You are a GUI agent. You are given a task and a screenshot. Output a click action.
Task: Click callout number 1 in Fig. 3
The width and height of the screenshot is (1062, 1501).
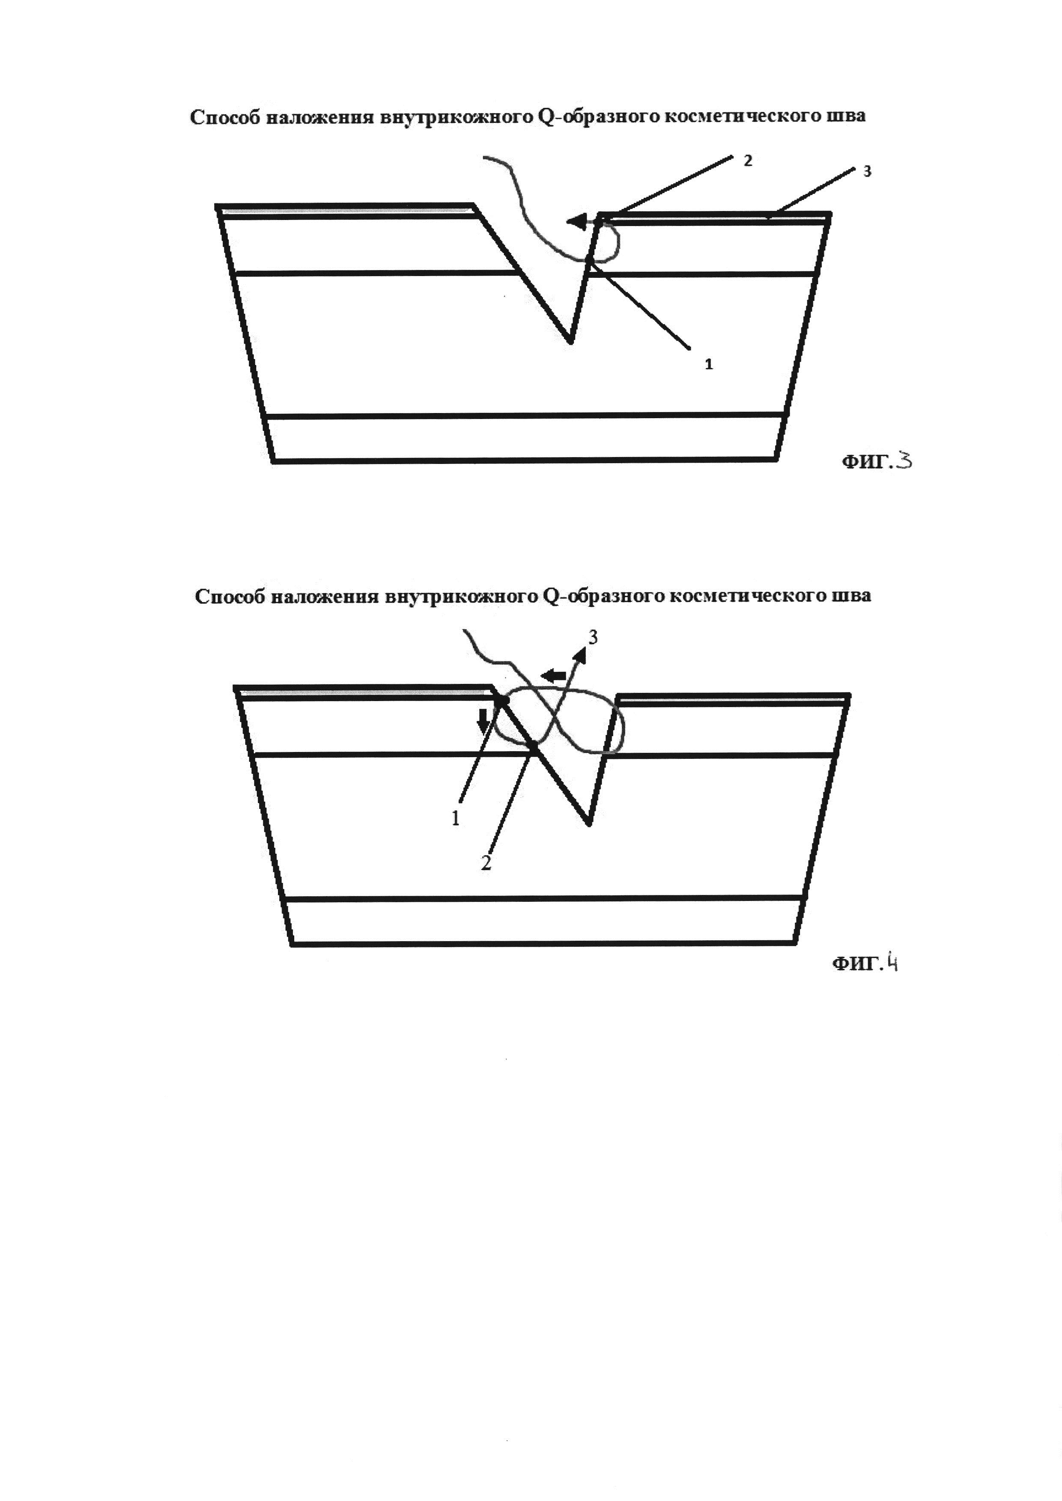click(709, 364)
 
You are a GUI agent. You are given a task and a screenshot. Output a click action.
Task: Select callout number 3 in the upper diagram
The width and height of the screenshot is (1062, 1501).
click(868, 171)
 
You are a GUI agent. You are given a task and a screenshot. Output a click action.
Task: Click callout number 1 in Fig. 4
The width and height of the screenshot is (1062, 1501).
click(456, 818)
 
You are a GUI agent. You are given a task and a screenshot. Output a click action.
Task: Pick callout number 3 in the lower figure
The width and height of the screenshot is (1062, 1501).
click(593, 637)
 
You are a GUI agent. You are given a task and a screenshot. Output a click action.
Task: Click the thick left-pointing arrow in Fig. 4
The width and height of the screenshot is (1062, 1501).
click(553, 675)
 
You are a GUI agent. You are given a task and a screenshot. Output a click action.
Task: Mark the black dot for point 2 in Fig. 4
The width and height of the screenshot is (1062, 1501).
click(534, 745)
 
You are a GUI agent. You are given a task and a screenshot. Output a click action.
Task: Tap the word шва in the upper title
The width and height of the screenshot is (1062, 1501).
click(848, 116)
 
